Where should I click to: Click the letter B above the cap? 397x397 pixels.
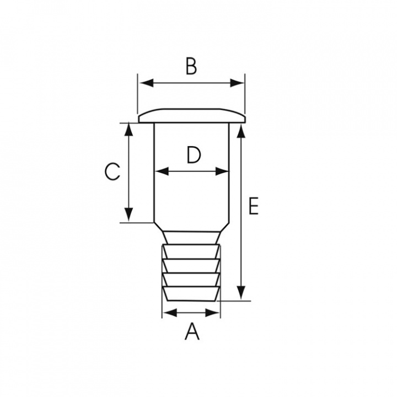coord(191,66)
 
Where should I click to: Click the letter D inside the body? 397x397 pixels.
coord(194,155)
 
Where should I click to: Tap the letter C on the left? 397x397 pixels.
coord(112,171)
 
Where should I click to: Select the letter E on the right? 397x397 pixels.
coord(254,206)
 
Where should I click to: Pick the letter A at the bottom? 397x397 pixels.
coord(192,331)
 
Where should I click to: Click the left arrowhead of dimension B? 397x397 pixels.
coord(147,83)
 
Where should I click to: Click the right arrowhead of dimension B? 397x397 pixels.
coord(237,83)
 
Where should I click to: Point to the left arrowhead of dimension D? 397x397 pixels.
coord(162,171)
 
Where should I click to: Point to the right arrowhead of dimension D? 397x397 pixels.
coord(222,171)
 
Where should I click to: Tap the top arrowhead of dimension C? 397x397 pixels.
coord(129,130)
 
